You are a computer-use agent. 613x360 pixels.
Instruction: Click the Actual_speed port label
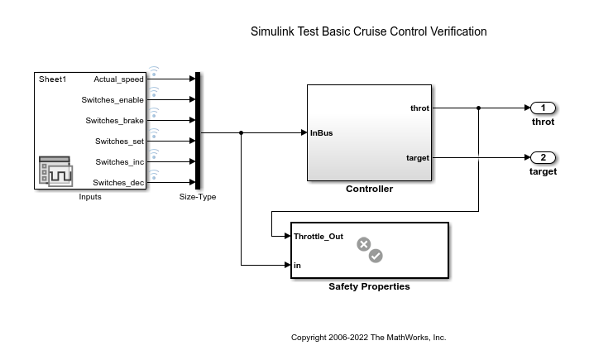118,79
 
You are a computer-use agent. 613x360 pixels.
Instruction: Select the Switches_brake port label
114,121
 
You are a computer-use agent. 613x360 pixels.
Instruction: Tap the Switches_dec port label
118,183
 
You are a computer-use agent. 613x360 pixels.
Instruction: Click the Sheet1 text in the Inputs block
52,79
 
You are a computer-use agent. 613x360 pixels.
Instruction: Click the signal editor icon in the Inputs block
55,171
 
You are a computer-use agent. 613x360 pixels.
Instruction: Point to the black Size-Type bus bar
198,131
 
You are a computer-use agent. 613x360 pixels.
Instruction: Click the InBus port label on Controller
321,133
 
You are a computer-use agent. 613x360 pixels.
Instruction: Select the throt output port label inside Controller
419,108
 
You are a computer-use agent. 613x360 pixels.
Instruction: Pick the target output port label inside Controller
418,158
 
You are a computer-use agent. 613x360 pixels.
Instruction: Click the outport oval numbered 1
543,108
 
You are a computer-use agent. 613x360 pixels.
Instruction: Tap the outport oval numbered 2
543,157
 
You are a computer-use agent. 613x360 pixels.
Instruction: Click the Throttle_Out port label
318,237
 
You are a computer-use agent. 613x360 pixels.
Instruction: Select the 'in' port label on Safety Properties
297,266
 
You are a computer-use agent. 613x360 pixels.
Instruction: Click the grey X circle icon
363,244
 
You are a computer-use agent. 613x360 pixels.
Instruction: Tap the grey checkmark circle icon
376,256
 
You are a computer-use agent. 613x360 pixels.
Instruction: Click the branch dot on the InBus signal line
242,132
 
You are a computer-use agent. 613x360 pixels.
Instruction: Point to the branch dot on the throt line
478,108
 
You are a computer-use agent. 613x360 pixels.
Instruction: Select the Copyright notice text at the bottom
369,338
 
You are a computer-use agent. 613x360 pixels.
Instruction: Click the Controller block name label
370,189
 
